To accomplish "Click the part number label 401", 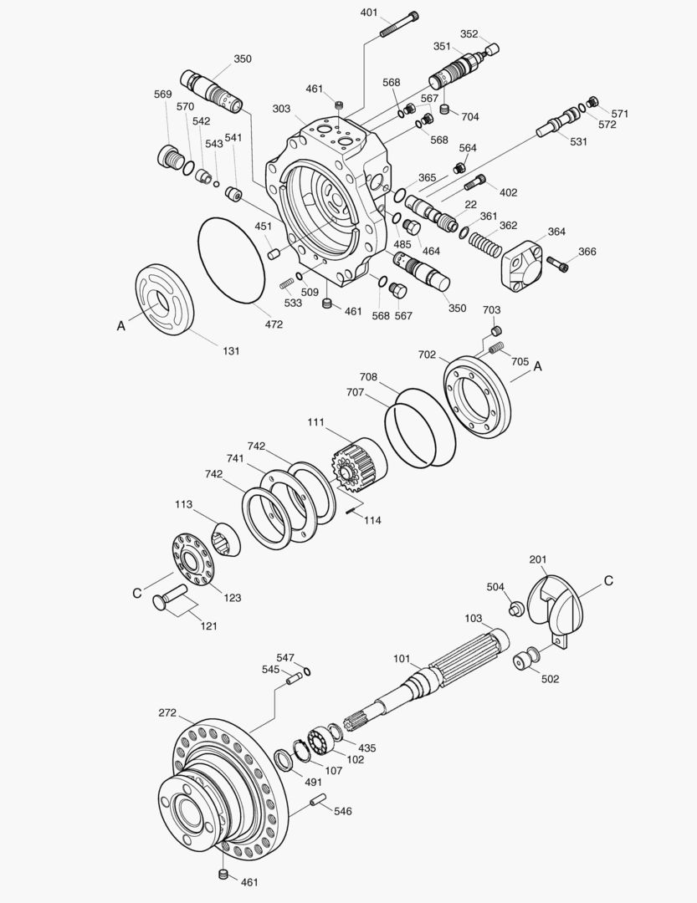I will tap(369, 13).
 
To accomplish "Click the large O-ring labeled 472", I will tap(232, 258).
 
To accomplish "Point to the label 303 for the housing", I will tap(281, 110).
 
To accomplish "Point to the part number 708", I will tap(369, 378).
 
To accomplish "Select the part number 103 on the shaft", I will tap(474, 618).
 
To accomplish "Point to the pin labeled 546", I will tap(318, 804).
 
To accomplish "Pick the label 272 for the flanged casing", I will tap(167, 713).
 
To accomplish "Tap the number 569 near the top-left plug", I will tap(163, 94).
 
